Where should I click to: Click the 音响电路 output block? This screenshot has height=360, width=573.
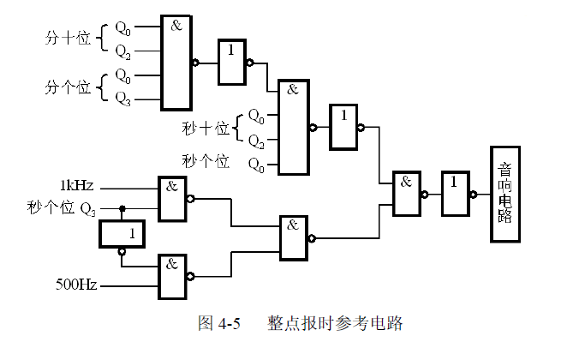[506, 194]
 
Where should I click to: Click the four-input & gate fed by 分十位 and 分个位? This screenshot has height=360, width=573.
[176, 63]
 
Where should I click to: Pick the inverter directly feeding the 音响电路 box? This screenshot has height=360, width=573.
[456, 194]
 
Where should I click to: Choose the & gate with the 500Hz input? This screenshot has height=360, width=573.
[173, 274]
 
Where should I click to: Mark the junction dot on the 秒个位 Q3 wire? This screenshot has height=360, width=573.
[122, 207]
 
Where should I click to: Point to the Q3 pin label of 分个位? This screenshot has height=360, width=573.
[123, 98]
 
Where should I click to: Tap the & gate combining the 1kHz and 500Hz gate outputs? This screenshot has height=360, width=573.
[295, 237]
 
